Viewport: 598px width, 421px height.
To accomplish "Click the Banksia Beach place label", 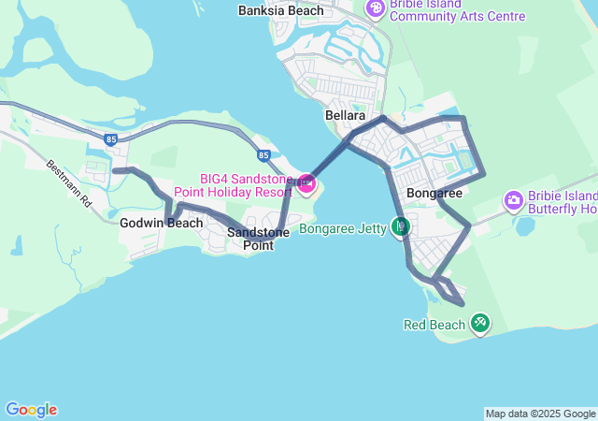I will [x=280, y=11].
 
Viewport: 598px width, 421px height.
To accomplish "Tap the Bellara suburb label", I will [x=343, y=115].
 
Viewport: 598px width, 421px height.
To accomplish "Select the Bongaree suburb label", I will [x=434, y=194].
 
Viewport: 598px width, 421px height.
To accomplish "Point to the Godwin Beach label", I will [x=161, y=223].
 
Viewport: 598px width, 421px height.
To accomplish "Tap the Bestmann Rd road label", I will [x=70, y=182].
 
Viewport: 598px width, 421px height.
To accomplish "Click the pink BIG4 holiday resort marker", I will [x=306, y=184].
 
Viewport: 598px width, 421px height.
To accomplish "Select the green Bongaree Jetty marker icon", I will [x=401, y=225].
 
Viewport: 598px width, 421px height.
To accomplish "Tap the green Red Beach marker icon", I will [x=480, y=324].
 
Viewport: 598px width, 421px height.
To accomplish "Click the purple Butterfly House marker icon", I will [x=513, y=200].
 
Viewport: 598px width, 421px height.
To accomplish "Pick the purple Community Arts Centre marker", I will [x=376, y=9].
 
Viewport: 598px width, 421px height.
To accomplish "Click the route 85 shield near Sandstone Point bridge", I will [x=263, y=154].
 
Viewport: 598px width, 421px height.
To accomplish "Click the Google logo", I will [x=31, y=410].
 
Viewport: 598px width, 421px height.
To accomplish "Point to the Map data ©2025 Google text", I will [x=540, y=414].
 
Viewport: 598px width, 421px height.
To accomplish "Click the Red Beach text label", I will [x=434, y=325].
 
